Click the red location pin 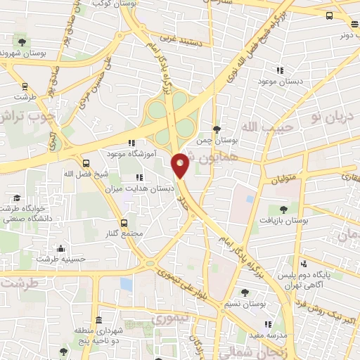pos(181,165)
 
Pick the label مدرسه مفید pos(268,335)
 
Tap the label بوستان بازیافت pos(283,220)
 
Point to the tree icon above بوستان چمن pos(216,129)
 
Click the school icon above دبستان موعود pos(280,70)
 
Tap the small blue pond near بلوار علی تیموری pos(126,284)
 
